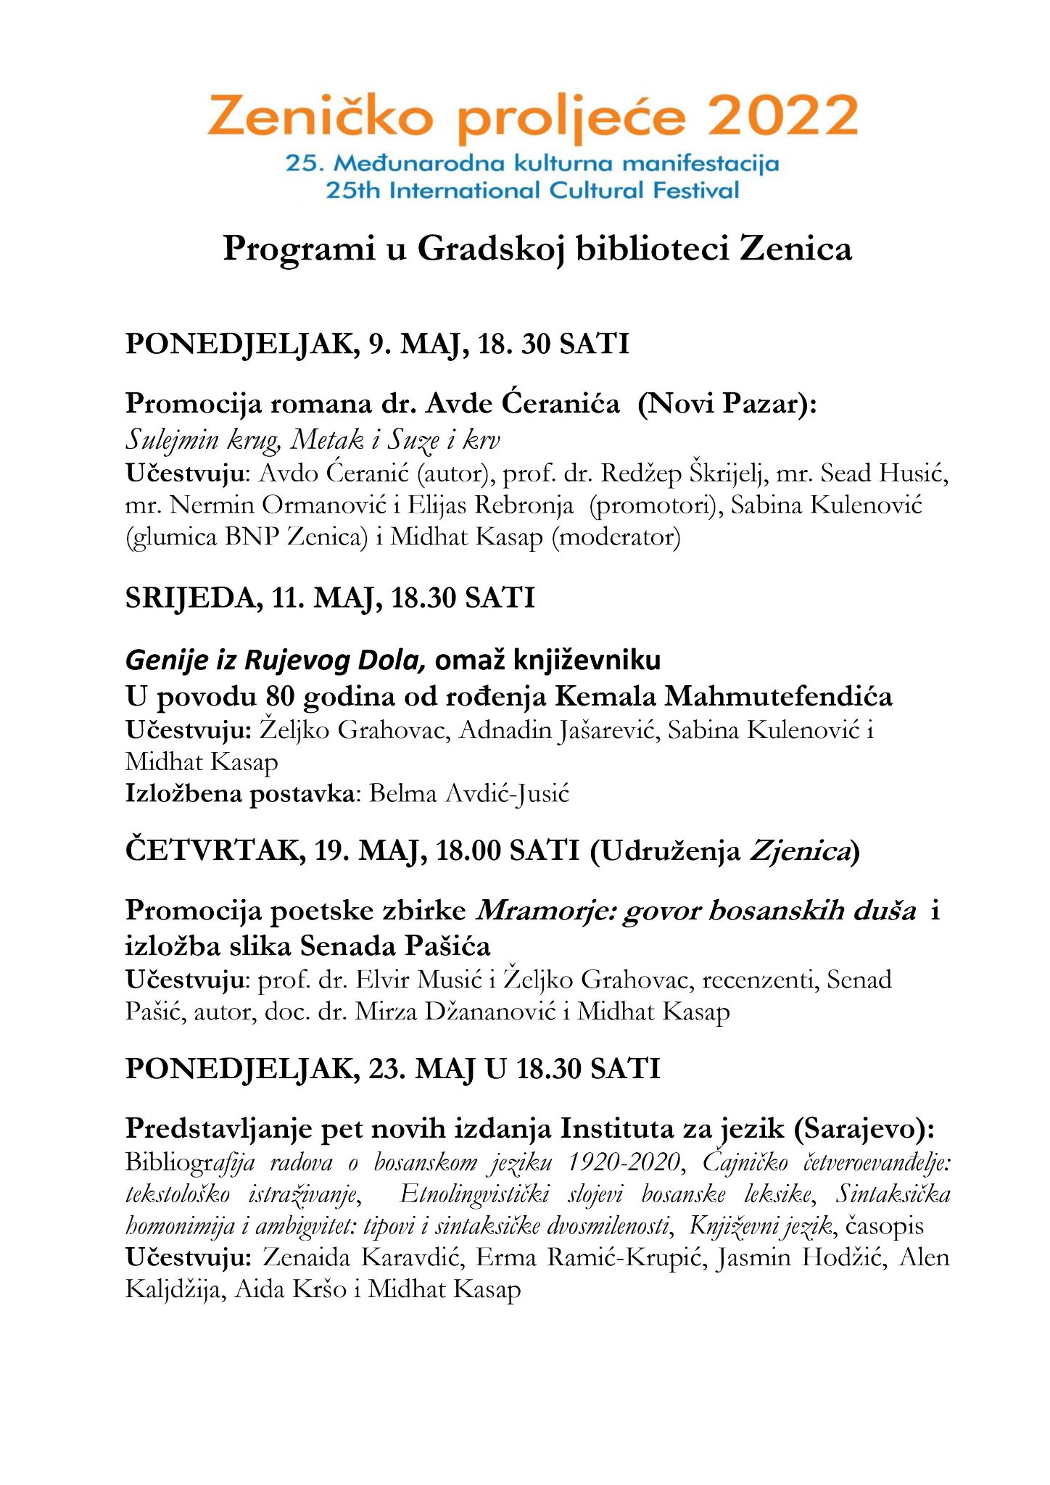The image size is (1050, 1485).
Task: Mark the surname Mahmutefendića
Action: click(x=778, y=696)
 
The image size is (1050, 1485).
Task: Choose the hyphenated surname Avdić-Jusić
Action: click(x=469, y=793)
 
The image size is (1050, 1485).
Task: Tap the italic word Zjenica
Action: click(x=798, y=851)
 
